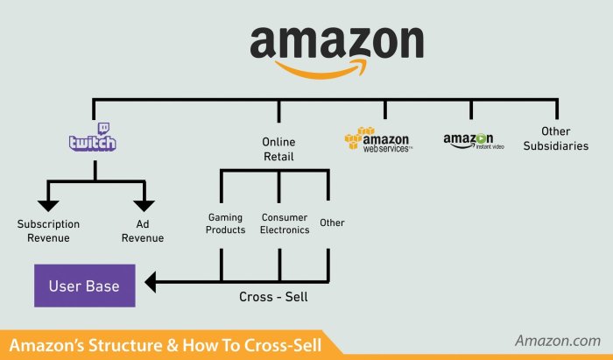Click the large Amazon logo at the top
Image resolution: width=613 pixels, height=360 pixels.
[x=336, y=53]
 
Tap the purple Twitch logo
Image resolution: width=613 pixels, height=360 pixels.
[x=92, y=137]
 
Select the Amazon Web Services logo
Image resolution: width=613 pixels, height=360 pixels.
[x=378, y=139]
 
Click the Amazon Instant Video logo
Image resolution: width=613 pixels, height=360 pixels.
[x=474, y=141]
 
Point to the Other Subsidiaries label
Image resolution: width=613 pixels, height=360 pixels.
[x=556, y=138]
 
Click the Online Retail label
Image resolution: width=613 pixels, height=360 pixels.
[x=278, y=149]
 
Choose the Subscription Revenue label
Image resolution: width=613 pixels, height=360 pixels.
[x=48, y=230]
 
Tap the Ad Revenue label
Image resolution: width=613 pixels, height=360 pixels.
[x=143, y=230]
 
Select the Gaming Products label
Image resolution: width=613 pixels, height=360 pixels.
[x=226, y=223]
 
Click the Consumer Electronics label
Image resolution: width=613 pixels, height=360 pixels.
[x=285, y=223]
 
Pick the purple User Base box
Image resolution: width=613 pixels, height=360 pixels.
[x=85, y=286]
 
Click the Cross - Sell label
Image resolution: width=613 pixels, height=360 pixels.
[x=273, y=297]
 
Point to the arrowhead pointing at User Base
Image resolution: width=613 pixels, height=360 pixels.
[x=151, y=282]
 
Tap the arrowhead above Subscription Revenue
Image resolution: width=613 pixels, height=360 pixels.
[x=48, y=206]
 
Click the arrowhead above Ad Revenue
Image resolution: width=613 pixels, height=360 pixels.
[x=144, y=206]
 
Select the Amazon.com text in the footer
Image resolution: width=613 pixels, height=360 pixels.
[x=558, y=341]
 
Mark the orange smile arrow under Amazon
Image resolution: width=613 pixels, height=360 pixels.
[x=321, y=69]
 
